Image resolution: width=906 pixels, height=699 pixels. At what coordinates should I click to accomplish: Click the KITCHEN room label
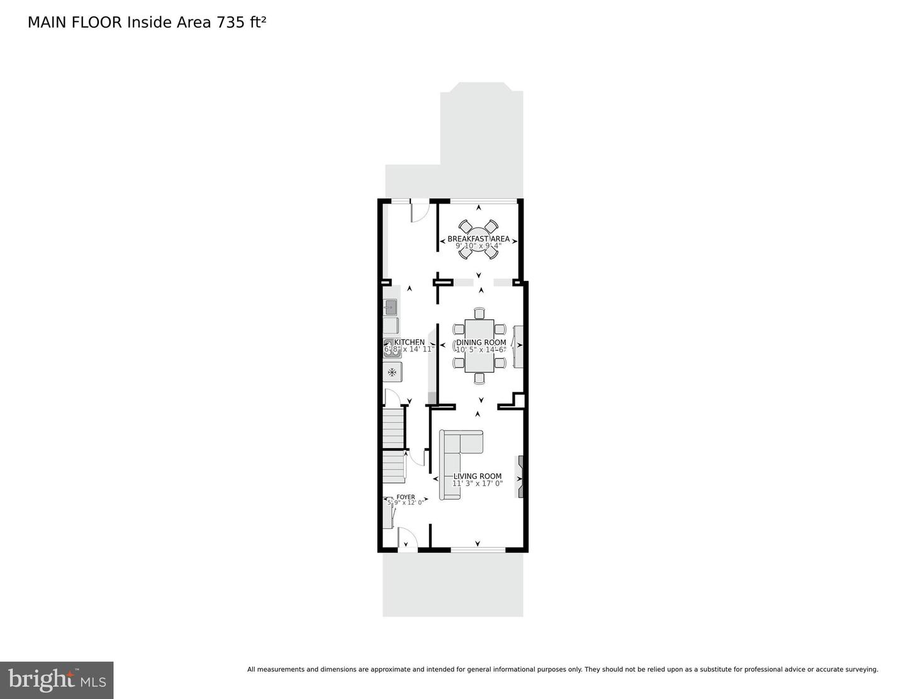point(410,343)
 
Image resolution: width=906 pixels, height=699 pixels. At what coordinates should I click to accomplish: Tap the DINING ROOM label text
point(481,343)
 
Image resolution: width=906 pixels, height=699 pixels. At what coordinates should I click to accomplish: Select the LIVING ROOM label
point(478,476)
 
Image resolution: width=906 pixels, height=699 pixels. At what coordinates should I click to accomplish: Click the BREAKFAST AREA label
point(478,239)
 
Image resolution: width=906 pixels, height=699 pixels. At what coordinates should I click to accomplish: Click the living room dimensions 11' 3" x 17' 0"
point(478,483)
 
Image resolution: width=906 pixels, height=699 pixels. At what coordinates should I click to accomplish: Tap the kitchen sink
point(391,307)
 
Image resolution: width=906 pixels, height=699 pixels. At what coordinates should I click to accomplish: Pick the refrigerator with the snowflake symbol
point(392,372)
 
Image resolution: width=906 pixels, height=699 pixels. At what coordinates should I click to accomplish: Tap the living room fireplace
point(520,476)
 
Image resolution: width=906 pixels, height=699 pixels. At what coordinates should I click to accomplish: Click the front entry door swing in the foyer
point(406,537)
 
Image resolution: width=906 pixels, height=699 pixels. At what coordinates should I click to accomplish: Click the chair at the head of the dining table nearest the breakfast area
point(479,313)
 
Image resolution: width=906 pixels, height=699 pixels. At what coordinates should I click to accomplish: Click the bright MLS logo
point(57,680)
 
